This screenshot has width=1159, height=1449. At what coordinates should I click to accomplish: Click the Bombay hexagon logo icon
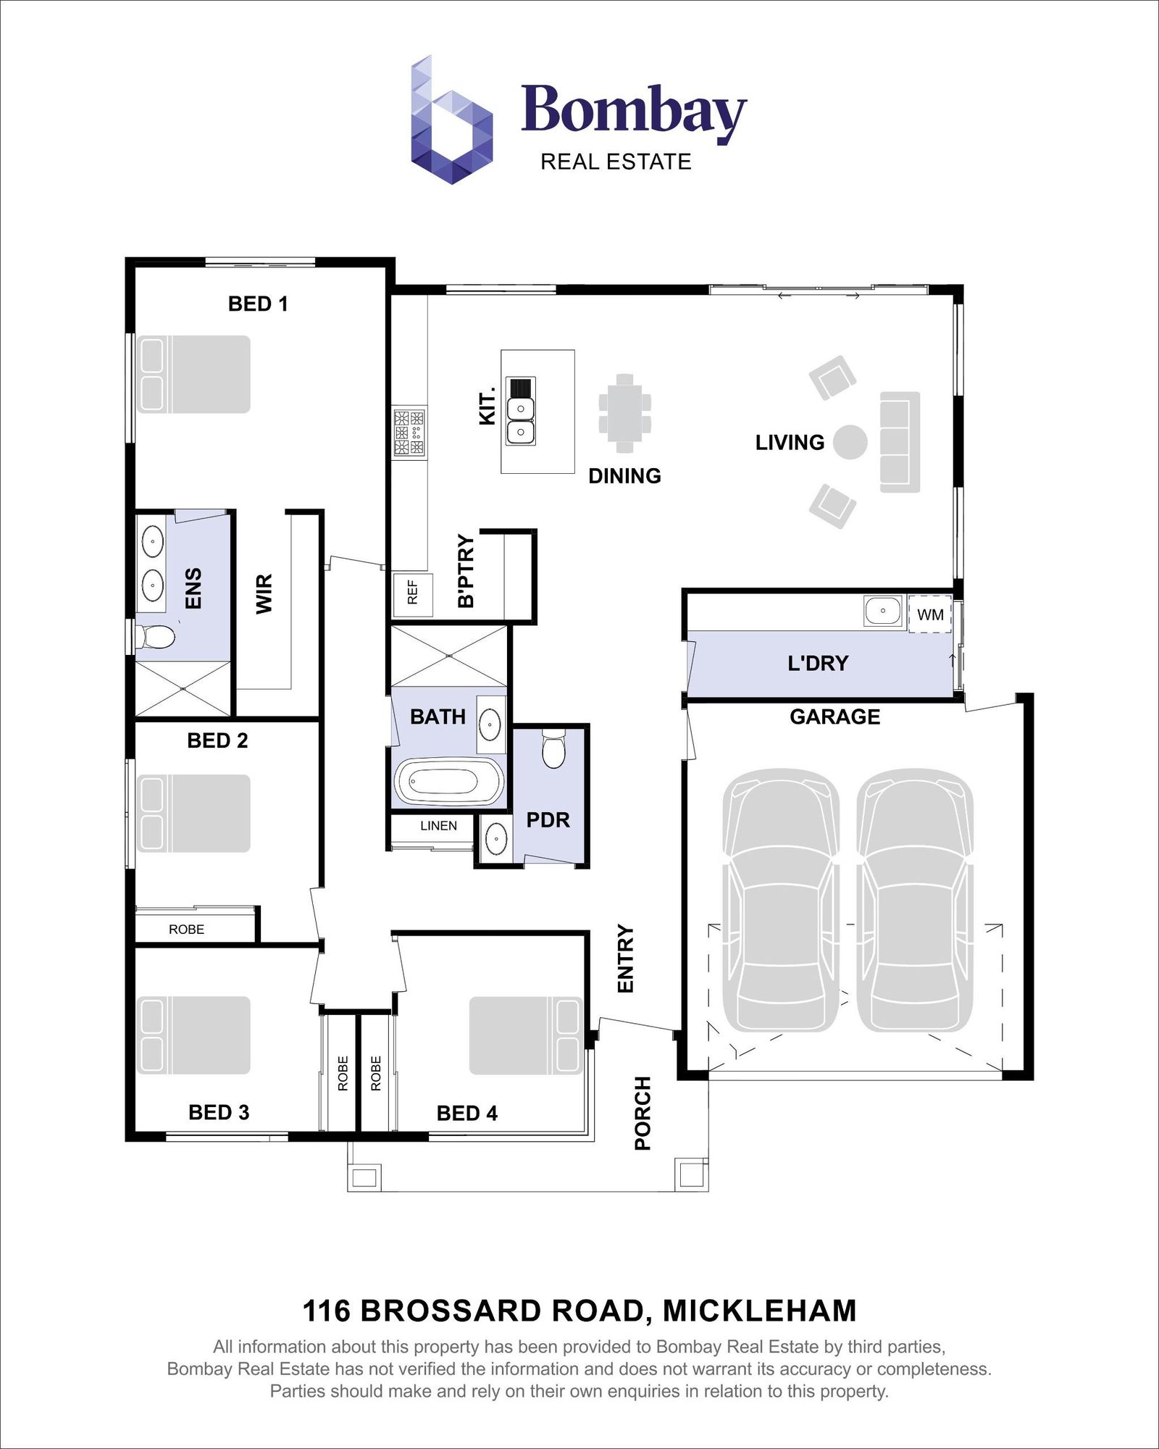pyautogui.click(x=452, y=120)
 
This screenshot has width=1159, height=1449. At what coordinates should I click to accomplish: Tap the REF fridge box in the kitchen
pyautogui.click(x=412, y=594)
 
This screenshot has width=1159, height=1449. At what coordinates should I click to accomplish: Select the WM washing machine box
pyautogui.click(x=930, y=614)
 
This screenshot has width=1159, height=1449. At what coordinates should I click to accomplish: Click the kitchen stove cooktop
pyautogui.click(x=409, y=433)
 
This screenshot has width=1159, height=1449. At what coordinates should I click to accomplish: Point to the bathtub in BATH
pyautogui.click(x=448, y=782)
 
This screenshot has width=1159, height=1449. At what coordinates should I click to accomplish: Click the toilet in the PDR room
pyautogui.click(x=553, y=749)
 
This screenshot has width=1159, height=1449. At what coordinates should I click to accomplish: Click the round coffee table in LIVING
pyautogui.click(x=850, y=442)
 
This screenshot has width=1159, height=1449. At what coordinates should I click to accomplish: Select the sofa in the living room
pyautogui.click(x=900, y=442)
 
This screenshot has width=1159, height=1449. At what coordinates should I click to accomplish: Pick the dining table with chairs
pyautogui.click(x=624, y=412)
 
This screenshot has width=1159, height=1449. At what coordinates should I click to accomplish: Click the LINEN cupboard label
pyautogui.click(x=438, y=826)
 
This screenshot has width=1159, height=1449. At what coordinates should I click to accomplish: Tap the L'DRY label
pyautogui.click(x=818, y=663)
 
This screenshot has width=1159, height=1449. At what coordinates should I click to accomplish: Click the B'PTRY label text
pyautogui.click(x=466, y=571)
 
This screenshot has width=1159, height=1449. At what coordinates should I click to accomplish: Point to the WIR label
pyautogui.click(x=264, y=594)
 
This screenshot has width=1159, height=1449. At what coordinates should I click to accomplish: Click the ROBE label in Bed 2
pyautogui.click(x=186, y=930)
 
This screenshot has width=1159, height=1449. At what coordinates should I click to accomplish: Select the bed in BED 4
pyautogui.click(x=526, y=1035)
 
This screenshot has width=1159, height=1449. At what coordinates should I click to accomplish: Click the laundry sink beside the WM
pyautogui.click(x=883, y=611)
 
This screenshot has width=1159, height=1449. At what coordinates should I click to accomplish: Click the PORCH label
pyautogui.click(x=643, y=1114)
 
